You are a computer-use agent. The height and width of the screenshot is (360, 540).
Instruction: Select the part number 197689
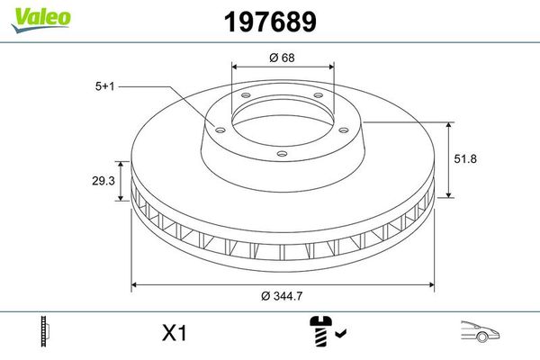tap(269, 20)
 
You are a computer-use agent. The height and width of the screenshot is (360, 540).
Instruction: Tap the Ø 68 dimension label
tap(283, 57)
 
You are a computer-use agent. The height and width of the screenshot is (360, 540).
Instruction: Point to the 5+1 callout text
tap(105, 86)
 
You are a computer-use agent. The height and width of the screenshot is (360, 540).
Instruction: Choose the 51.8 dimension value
tap(465, 158)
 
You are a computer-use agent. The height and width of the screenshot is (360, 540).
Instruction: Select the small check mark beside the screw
tap(339, 336)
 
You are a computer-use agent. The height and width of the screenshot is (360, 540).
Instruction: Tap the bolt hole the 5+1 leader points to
tap(217, 126)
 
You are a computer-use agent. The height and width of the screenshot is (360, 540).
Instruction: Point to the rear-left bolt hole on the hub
tap(244, 99)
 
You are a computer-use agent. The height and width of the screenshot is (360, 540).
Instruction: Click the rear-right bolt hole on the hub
tap(318, 99)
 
